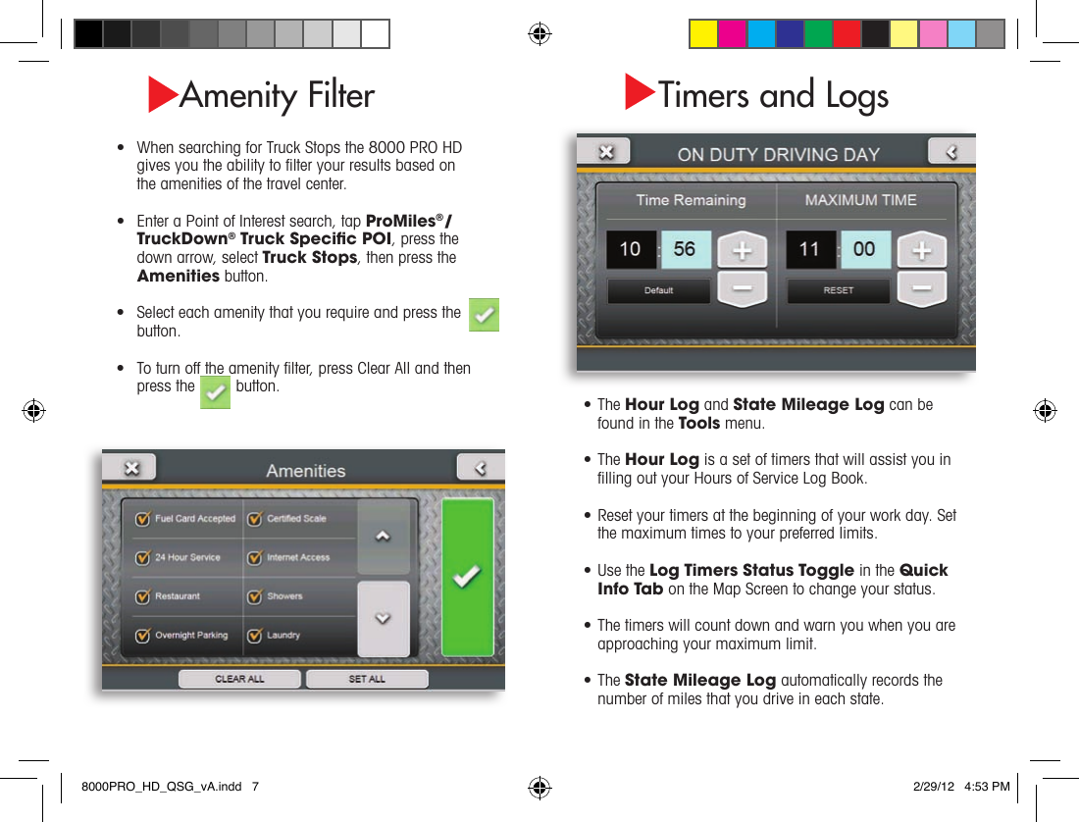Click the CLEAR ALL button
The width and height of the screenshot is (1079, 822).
[x=239, y=679]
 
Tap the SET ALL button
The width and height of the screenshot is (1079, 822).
[x=367, y=679]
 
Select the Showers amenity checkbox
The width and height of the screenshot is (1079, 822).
[x=254, y=596]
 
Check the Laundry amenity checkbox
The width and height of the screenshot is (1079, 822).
[x=254, y=636]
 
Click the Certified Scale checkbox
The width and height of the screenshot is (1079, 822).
[x=254, y=519]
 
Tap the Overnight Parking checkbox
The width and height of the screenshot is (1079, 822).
[x=142, y=636]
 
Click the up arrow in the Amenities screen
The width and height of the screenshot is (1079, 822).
[x=383, y=537]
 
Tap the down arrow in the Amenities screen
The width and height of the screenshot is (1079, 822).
[x=383, y=619]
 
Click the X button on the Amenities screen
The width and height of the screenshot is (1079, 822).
[x=131, y=468]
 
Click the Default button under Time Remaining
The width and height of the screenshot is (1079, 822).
[x=658, y=290]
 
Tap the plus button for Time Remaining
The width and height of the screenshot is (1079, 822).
[x=743, y=250]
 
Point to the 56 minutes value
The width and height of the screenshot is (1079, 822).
[x=685, y=249]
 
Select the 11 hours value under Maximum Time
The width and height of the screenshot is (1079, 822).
[x=810, y=249]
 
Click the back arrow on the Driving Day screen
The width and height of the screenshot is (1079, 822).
[x=951, y=151]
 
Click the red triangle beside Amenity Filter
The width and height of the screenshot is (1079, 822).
[x=162, y=94]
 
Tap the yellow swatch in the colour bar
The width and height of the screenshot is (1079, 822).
[x=703, y=33]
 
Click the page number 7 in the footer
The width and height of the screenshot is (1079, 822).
[x=255, y=787]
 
